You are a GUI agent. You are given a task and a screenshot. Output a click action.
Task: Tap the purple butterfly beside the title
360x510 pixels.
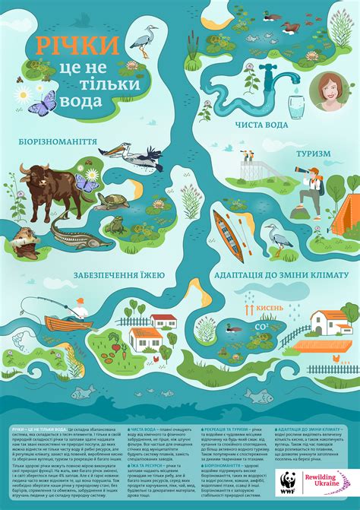(x=44, y=100)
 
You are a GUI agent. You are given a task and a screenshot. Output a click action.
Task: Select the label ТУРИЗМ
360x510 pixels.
(x=314, y=154)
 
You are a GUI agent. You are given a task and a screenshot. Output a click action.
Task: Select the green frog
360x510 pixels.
(x=115, y=226)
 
